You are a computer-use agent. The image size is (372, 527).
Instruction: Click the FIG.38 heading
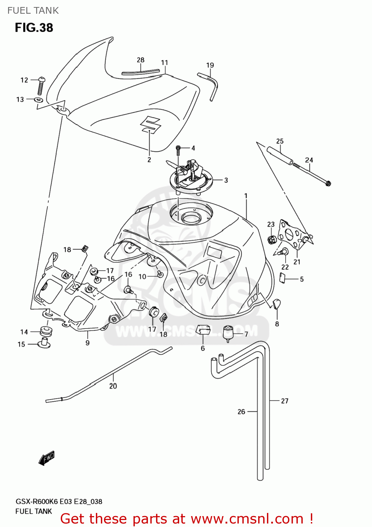34,27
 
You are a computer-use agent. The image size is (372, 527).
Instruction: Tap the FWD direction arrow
47,458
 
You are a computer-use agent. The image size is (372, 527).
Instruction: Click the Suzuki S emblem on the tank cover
150,124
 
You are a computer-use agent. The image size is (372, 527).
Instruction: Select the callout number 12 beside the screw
24,80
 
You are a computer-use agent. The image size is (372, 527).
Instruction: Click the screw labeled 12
41,85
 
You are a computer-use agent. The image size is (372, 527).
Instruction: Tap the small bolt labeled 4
178,150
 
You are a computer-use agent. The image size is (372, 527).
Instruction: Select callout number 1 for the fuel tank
246,196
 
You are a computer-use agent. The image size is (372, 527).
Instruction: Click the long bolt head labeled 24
328,183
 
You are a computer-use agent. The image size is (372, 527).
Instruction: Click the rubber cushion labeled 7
229,333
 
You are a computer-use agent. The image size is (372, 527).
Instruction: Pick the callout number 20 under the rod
113,386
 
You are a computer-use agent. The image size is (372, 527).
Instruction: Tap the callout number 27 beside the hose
285,401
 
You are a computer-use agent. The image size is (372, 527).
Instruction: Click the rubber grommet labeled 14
46,331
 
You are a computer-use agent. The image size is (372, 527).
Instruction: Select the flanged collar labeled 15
44,343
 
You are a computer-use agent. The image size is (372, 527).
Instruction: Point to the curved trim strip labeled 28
140,72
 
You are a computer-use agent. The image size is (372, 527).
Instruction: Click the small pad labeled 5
282,278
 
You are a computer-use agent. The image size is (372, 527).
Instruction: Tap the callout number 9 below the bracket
87,343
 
